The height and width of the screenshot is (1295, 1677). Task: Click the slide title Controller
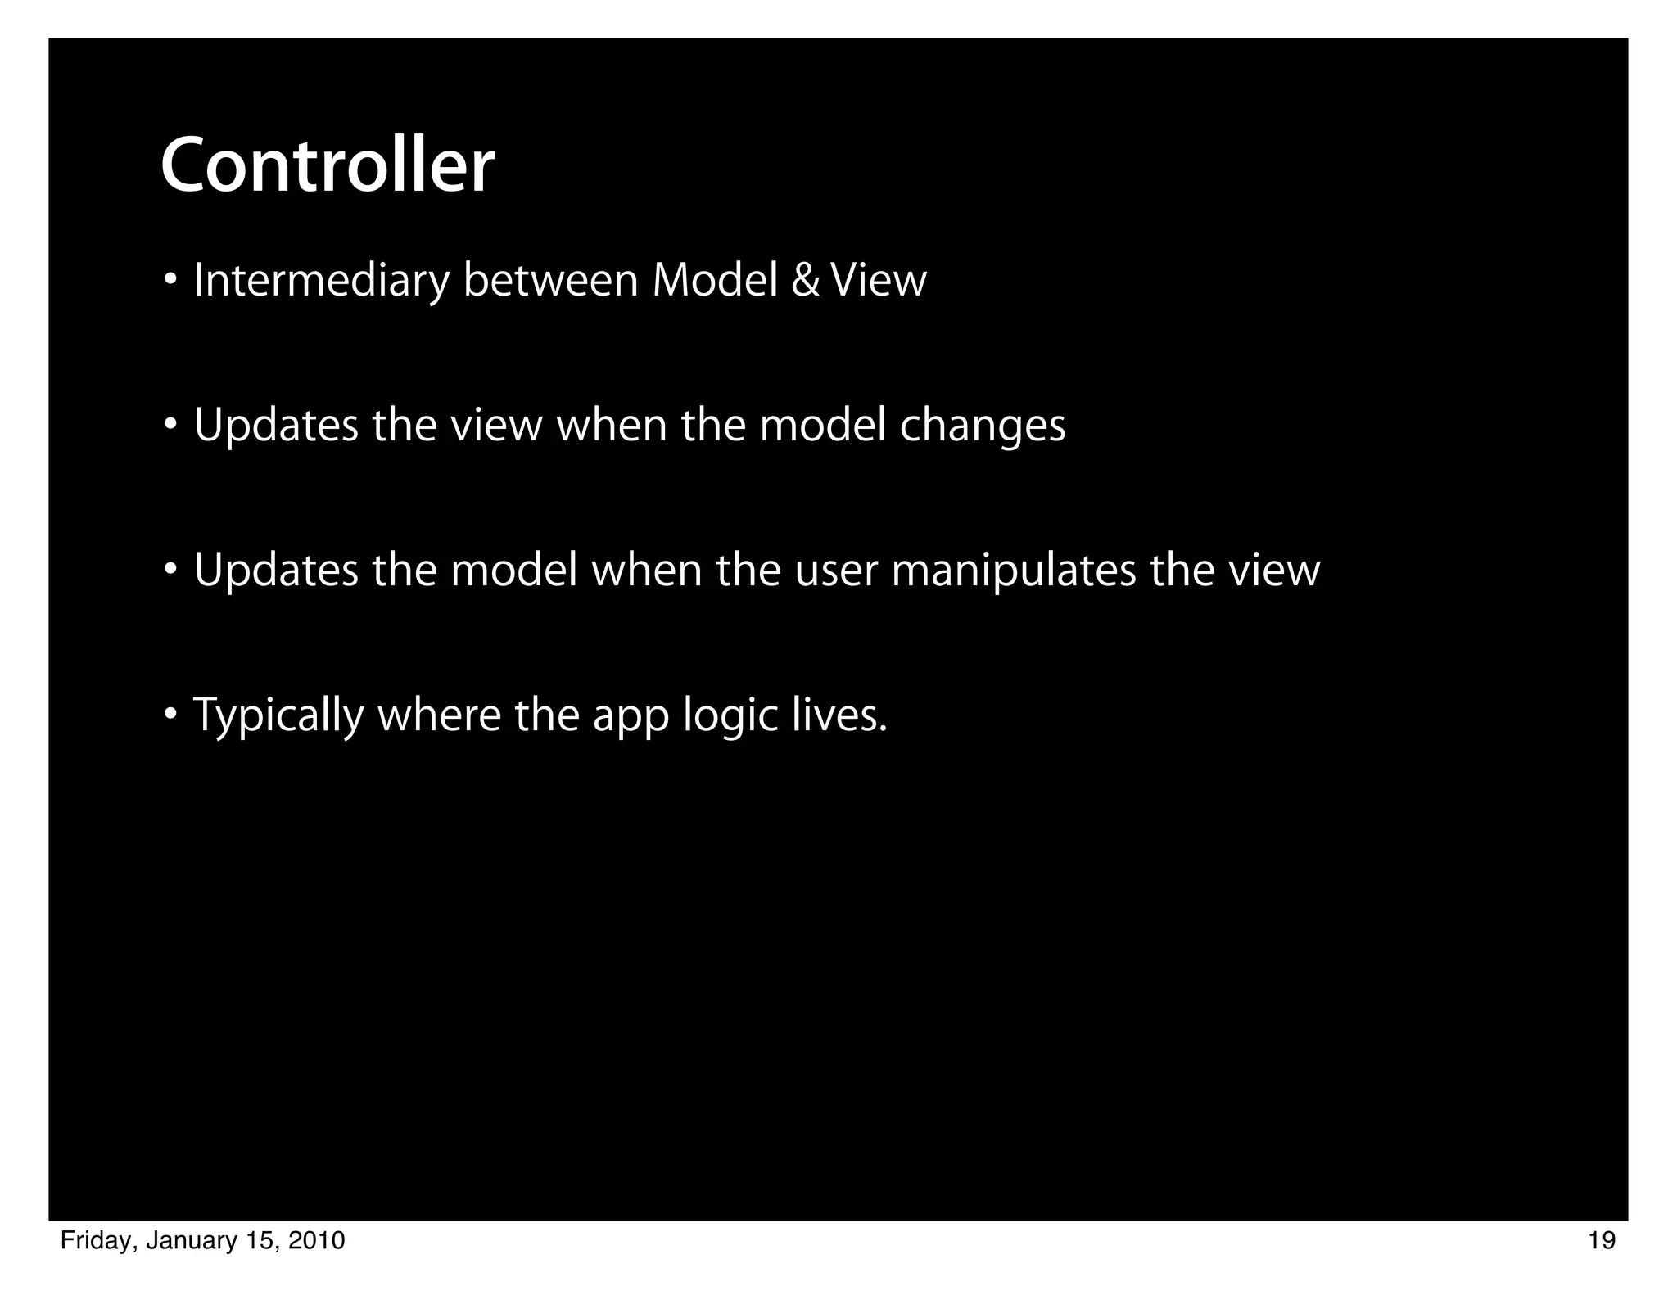pos(328,166)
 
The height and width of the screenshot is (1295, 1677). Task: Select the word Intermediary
pos(321,281)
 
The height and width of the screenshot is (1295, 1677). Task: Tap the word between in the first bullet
pos(550,281)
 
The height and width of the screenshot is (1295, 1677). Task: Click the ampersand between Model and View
pos(805,281)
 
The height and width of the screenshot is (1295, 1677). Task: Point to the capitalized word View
pos(879,281)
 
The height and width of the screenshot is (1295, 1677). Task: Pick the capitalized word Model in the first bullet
pos(714,281)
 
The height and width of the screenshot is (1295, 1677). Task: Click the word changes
pos(983,426)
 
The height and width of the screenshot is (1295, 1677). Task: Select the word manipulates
pos(1014,571)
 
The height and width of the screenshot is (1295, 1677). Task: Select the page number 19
pos(1602,1241)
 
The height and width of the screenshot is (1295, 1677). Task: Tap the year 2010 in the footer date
pos(317,1241)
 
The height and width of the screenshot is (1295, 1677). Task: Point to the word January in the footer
pos(187,1241)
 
